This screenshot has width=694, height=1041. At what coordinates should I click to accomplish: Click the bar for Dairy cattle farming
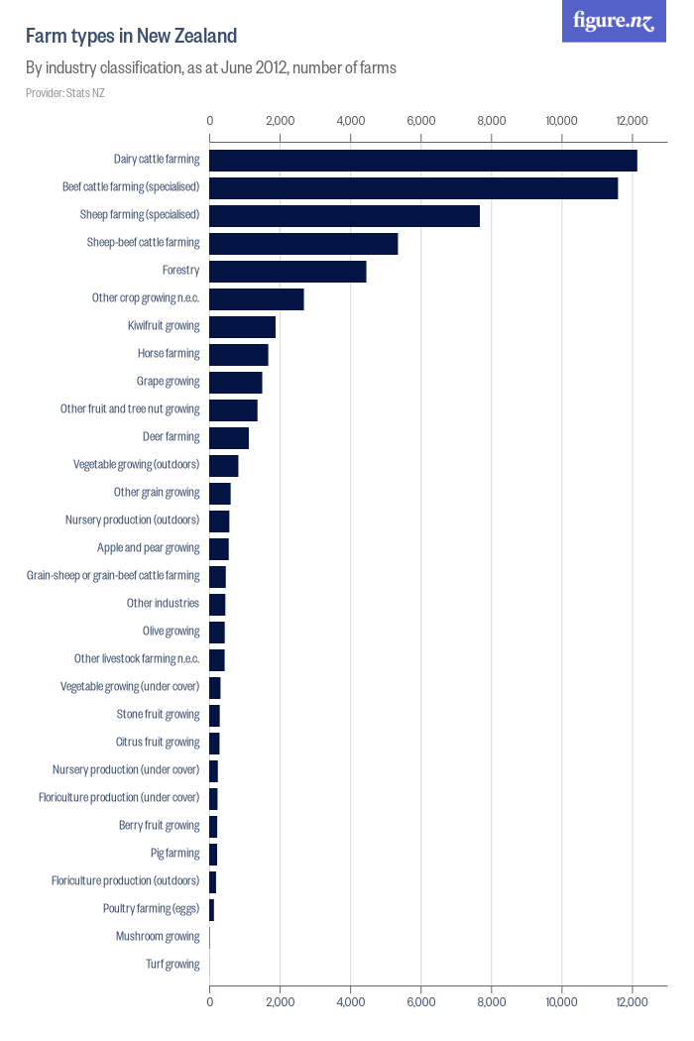pyautogui.click(x=423, y=160)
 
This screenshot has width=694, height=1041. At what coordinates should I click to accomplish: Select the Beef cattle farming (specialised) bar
pyautogui.click(x=413, y=187)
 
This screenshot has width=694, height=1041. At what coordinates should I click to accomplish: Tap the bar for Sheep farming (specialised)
pyautogui.click(x=344, y=215)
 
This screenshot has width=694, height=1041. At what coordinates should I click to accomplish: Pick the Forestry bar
pyautogui.click(x=288, y=271)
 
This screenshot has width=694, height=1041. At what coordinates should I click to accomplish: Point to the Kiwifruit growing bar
pyautogui.click(x=242, y=326)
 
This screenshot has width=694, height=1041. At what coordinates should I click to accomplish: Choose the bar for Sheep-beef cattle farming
pyautogui.click(x=303, y=243)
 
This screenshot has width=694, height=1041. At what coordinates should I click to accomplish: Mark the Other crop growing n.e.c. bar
pyautogui.click(x=257, y=298)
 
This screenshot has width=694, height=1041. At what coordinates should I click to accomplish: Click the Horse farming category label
pyautogui.click(x=169, y=354)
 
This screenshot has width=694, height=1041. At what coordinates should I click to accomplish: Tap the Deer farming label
pyautogui.click(x=171, y=437)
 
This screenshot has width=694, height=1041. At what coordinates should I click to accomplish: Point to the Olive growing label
pyautogui.click(x=171, y=632)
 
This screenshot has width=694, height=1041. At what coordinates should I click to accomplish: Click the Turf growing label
pyautogui.click(x=173, y=965)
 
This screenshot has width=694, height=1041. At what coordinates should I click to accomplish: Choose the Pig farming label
pyautogui.click(x=174, y=854)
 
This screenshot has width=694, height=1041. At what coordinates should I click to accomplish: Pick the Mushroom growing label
pyautogui.click(x=158, y=937)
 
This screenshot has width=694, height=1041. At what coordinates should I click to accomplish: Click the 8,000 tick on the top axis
pyautogui.click(x=492, y=121)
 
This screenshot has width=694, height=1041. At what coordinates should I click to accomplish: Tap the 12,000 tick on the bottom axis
pyautogui.click(x=633, y=1002)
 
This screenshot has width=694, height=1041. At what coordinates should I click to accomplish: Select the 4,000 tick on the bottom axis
pyautogui.click(x=351, y=1002)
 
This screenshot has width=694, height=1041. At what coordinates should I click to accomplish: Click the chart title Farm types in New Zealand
pyautogui.click(x=131, y=37)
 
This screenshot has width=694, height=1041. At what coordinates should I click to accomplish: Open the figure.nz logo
pyautogui.click(x=614, y=21)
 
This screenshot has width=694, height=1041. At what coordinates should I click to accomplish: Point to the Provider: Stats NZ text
pyautogui.click(x=65, y=93)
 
